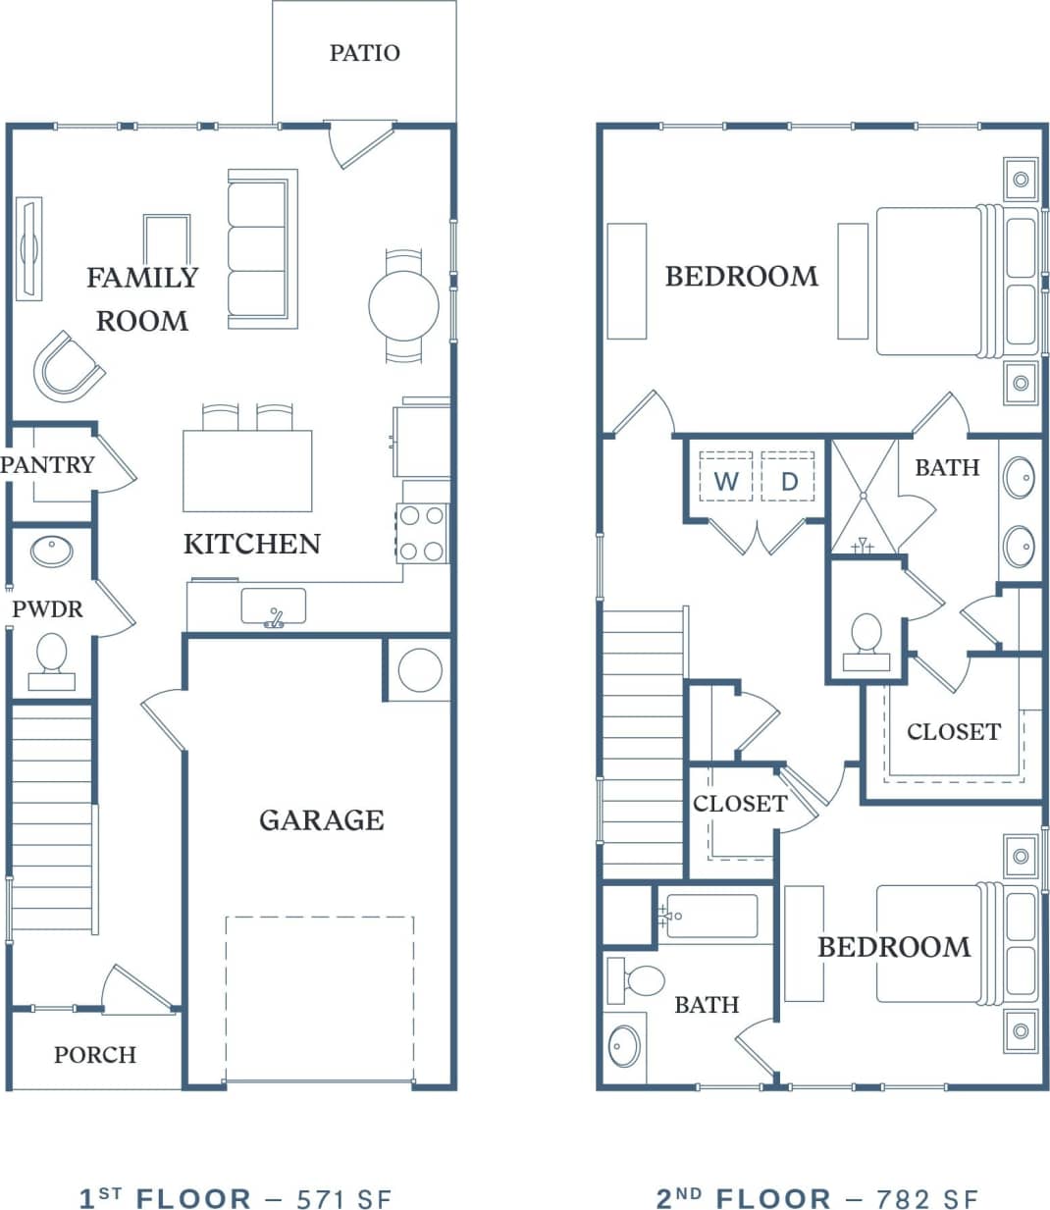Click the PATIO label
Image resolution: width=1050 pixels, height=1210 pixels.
click(x=364, y=52)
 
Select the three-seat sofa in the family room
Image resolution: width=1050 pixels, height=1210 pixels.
click(x=261, y=248)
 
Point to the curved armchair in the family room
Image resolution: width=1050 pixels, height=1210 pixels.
click(x=67, y=367)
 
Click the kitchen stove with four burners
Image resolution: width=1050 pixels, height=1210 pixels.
click(x=423, y=533)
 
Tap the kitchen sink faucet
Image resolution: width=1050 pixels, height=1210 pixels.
click(x=274, y=617)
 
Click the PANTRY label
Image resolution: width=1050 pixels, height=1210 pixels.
click(x=47, y=464)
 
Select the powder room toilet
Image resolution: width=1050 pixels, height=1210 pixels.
click(x=51, y=658)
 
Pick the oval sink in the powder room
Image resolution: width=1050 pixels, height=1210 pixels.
click(x=51, y=551)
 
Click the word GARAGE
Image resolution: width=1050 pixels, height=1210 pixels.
click(x=321, y=819)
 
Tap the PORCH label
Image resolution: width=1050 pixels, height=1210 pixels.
click(x=94, y=1054)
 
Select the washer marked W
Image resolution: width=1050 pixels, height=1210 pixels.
click(x=726, y=480)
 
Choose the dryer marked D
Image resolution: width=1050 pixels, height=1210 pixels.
click(x=789, y=480)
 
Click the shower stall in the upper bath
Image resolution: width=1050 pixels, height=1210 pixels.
click(x=864, y=497)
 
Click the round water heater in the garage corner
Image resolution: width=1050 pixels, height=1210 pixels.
click(x=419, y=670)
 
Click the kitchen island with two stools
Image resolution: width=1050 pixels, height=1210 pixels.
click(x=247, y=470)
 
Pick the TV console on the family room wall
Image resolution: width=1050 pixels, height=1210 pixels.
click(x=29, y=249)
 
